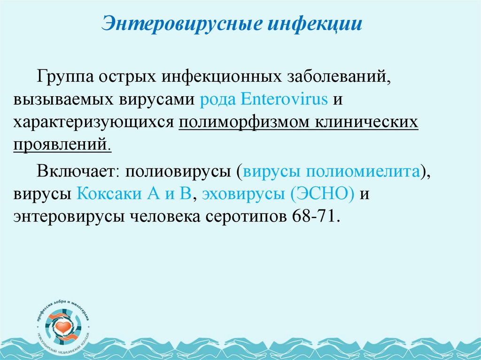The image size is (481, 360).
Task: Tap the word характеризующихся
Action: point(93,122)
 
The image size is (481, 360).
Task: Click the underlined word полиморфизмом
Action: point(238,122)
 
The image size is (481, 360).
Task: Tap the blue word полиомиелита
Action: point(363,171)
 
